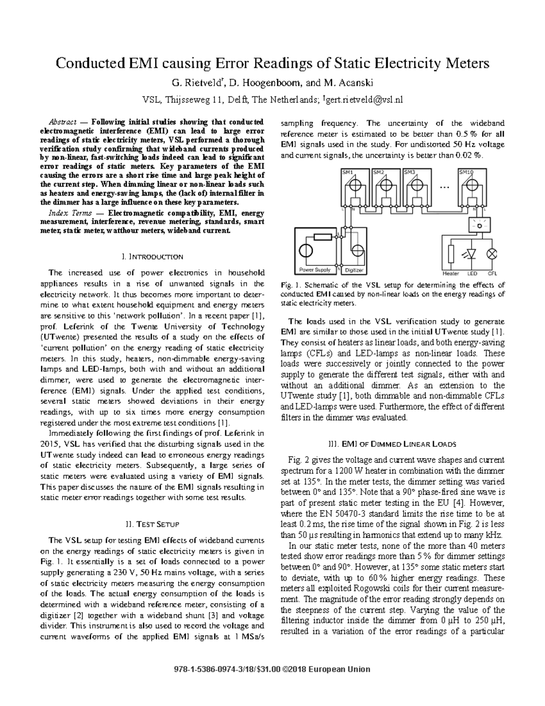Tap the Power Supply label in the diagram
[x=315, y=270]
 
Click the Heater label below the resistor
[x=451, y=274]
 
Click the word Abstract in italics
[x=62, y=122]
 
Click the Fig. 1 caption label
[x=288, y=285]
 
